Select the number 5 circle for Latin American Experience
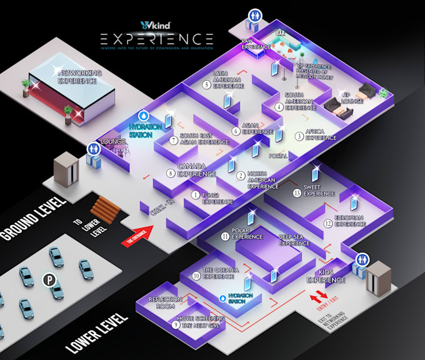206,84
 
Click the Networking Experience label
79,77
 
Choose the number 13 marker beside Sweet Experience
296,192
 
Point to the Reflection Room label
165,302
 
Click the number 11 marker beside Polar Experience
225,236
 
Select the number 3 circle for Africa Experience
299,135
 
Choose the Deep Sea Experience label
294,239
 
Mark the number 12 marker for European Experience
327,222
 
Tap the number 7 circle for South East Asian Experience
173,139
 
